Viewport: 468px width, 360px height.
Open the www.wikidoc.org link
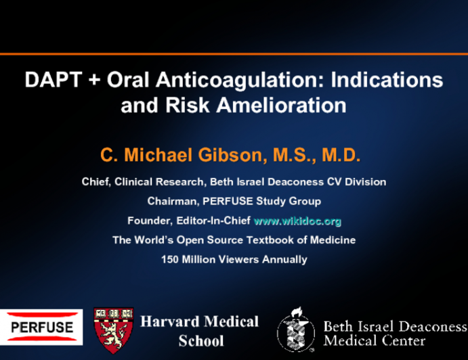[297, 221]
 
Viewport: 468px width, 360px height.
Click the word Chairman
[171, 201]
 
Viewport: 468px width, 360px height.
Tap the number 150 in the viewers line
[170, 259]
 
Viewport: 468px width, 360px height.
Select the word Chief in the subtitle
[95, 181]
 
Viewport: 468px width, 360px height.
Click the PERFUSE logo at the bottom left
[41, 327]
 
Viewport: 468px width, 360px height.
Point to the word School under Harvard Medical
[200, 340]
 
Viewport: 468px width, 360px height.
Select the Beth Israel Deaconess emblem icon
[295, 330]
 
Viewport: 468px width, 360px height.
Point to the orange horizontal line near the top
[234, 53]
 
